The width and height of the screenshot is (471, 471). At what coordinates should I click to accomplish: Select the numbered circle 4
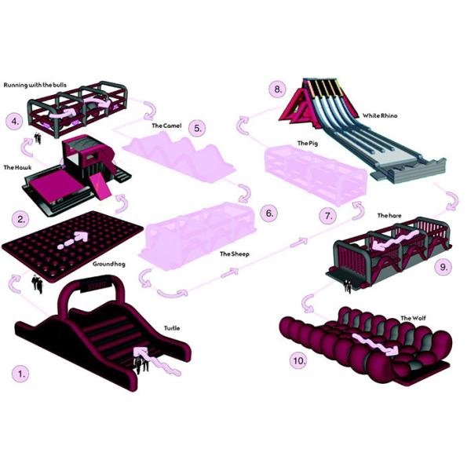pos(16,122)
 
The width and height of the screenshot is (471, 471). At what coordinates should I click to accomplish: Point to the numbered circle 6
pos(269,214)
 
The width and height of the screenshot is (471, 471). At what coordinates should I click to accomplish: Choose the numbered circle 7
pos(328,214)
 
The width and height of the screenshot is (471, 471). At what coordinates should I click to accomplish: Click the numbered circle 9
pos(444,267)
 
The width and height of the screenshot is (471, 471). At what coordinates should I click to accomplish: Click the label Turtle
pos(172,328)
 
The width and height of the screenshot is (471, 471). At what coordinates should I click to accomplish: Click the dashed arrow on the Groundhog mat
pos(74,239)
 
